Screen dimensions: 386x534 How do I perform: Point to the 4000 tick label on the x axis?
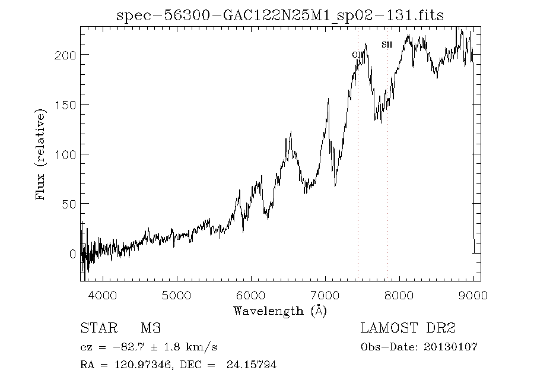[103, 295]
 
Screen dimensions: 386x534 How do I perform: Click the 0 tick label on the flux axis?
[72, 254]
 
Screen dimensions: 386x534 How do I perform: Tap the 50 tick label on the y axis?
[69, 204]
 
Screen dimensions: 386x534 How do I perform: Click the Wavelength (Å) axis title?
[280, 311]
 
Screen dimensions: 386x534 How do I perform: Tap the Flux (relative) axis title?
[41, 154]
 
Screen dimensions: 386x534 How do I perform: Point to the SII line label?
[387, 45]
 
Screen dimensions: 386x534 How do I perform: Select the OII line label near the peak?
[357, 55]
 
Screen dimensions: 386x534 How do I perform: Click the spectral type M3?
[151, 328]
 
